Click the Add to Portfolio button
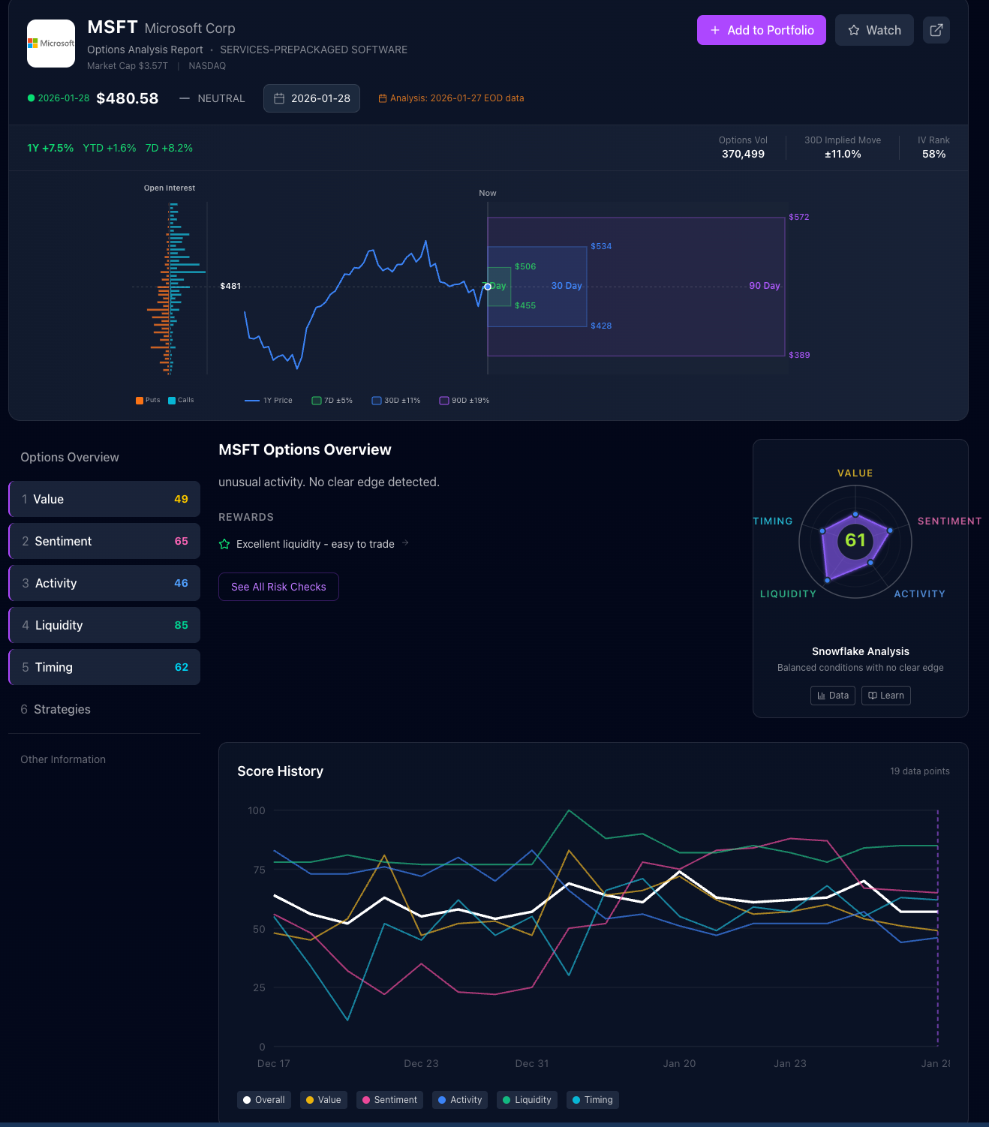[761, 30]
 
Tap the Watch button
[874, 30]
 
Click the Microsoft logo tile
[51, 44]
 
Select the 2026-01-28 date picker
[311, 98]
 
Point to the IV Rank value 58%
[933, 154]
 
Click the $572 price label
[798, 217]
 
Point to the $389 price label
[798, 355]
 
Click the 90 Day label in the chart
[764, 286]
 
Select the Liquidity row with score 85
[104, 625]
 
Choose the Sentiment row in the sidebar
[104, 541]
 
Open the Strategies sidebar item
[62, 709]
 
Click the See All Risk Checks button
[278, 587]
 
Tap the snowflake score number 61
[855, 539]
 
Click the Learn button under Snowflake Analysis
[885, 696]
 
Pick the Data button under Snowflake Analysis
[833, 696]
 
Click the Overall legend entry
[264, 1100]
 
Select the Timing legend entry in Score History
[592, 1100]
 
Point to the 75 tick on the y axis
[259, 870]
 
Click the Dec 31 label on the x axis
[531, 1063]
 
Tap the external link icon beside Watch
[936, 30]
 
